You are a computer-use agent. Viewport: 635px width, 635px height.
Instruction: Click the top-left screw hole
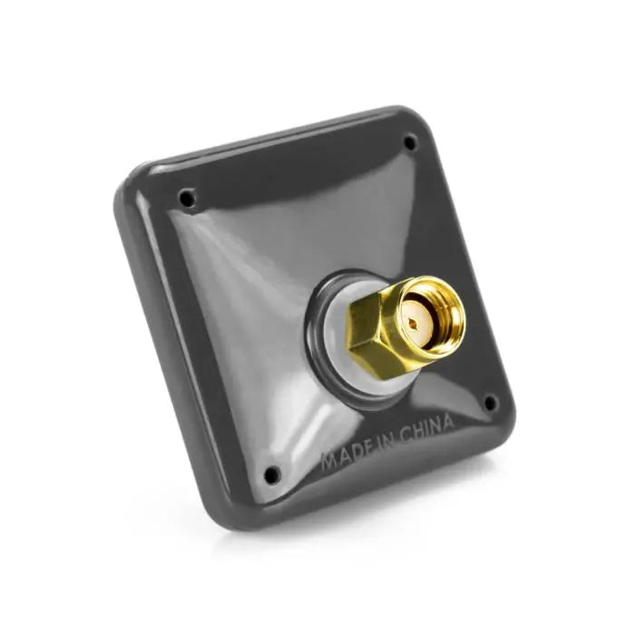pyautogui.click(x=187, y=197)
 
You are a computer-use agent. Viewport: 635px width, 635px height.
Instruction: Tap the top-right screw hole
pyautogui.click(x=410, y=142)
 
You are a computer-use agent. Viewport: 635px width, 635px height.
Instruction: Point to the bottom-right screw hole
pyautogui.click(x=491, y=402)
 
